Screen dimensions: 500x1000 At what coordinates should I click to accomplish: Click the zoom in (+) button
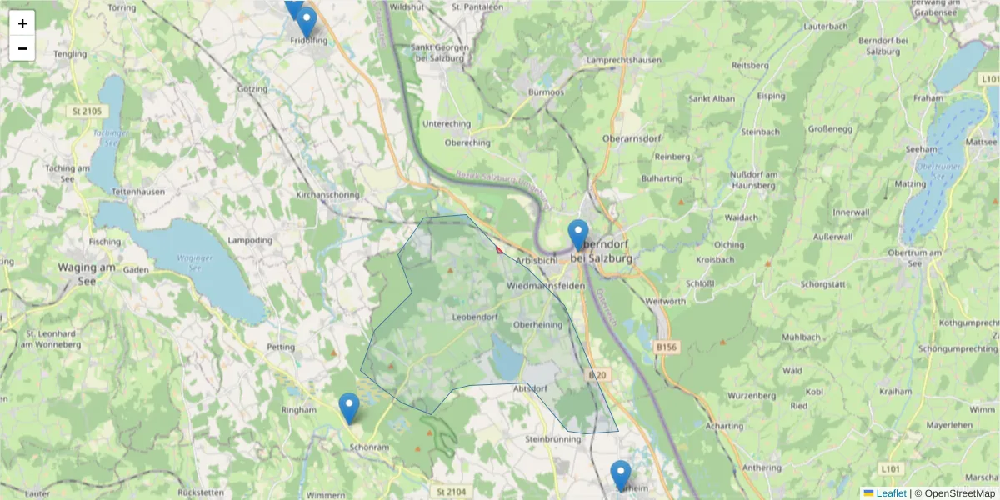(22, 23)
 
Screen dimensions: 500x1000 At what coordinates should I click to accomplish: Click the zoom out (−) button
(22, 48)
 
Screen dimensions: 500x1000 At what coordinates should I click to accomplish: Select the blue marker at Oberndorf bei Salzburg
(578, 235)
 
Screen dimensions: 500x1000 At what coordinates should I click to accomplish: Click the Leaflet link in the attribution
(891, 493)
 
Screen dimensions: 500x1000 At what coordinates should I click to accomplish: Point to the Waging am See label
(86, 274)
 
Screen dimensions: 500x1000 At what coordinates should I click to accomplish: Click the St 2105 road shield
(87, 111)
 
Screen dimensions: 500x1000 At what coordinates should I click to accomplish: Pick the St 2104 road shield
(451, 492)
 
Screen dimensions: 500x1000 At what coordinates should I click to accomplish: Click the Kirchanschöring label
(327, 195)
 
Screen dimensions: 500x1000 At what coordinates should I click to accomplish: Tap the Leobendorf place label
(475, 317)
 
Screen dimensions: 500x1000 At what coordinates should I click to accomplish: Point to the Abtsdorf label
(531, 388)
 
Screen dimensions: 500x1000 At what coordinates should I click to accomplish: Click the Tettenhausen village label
(137, 191)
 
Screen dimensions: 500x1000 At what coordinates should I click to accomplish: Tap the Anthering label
(762, 467)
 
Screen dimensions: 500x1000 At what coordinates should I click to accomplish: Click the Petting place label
(281, 347)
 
